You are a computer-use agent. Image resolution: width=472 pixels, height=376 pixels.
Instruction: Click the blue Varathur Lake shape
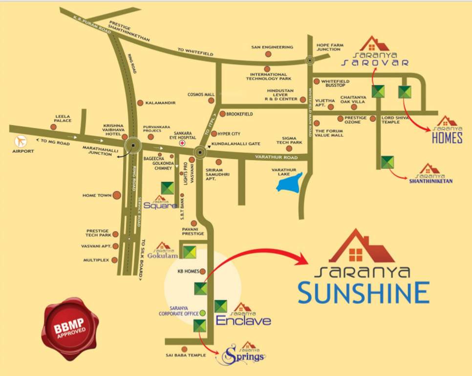[289, 182]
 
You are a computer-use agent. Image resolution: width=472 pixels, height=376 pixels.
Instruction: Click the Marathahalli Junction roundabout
[132, 145]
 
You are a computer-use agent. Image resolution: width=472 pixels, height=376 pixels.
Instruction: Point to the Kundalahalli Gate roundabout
[199, 153]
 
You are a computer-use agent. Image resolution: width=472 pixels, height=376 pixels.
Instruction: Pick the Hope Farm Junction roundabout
[309, 61]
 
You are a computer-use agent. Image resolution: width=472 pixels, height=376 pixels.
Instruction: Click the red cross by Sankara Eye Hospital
[182, 144]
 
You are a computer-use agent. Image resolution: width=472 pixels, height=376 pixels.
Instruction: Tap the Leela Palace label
[63, 118]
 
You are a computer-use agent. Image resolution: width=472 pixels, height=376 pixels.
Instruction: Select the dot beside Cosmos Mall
[211, 101]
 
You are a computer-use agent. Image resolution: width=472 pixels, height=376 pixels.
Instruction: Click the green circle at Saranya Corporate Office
[203, 313]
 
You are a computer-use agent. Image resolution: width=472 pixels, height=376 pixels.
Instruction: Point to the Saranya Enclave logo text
[243, 320]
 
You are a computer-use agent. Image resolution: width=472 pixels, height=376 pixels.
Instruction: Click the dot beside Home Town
[117, 195]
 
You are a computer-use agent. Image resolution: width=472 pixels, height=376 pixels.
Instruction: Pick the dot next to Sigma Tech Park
[289, 148]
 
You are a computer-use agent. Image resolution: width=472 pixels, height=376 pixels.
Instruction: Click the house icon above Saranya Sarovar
[374, 44]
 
